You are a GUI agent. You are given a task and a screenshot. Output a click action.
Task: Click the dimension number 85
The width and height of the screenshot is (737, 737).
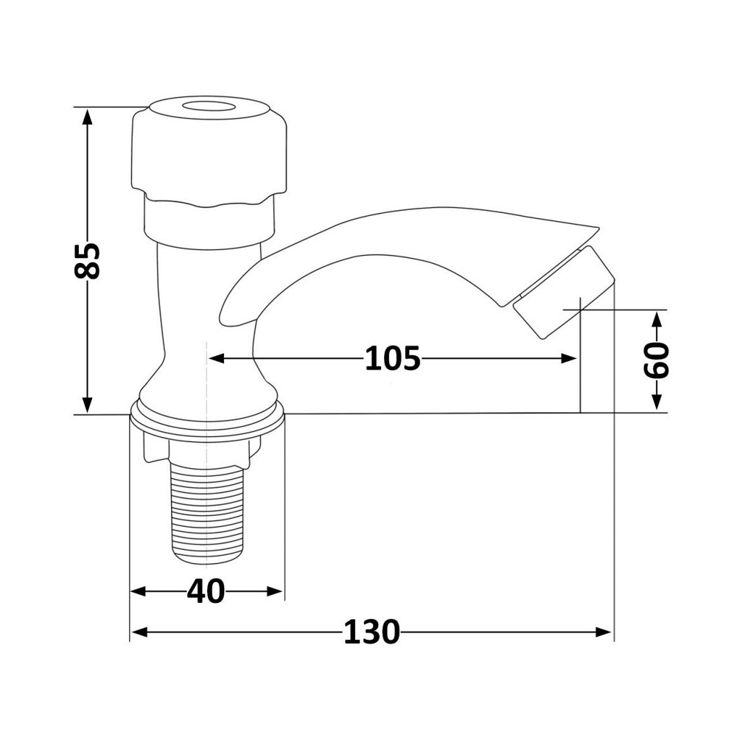pyautogui.click(x=88, y=260)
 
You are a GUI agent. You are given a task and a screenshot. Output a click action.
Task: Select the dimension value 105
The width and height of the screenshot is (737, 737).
pyautogui.click(x=392, y=359)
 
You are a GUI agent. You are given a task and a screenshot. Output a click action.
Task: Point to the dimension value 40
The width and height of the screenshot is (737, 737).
pyautogui.click(x=206, y=591)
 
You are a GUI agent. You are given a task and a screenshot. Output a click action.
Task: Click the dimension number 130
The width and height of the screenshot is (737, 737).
pyautogui.click(x=371, y=632)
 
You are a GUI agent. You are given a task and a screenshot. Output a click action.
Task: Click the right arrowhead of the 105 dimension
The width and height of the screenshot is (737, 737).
pyautogui.click(x=569, y=359)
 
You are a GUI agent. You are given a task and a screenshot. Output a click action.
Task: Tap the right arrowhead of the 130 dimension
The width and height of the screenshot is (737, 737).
pyautogui.click(x=605, y=632)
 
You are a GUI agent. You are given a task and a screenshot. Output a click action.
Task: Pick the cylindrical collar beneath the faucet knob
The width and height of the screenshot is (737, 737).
pyautogui.click(x=209, y=220)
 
